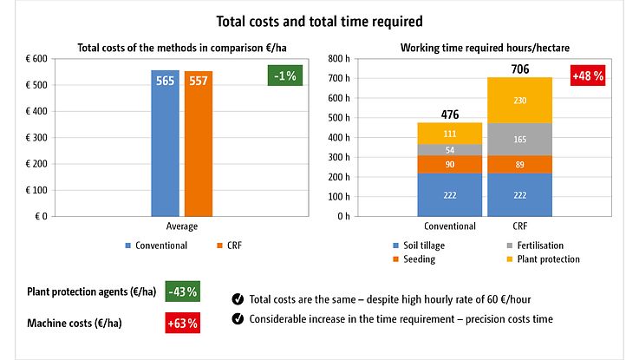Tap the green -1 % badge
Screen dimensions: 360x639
284,75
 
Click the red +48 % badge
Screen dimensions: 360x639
587,75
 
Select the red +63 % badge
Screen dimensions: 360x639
182,324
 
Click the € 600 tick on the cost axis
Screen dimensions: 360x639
35,59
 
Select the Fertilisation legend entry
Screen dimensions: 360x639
538,245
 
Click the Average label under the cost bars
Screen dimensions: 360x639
182,226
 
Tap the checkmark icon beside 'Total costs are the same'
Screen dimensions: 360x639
238,299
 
